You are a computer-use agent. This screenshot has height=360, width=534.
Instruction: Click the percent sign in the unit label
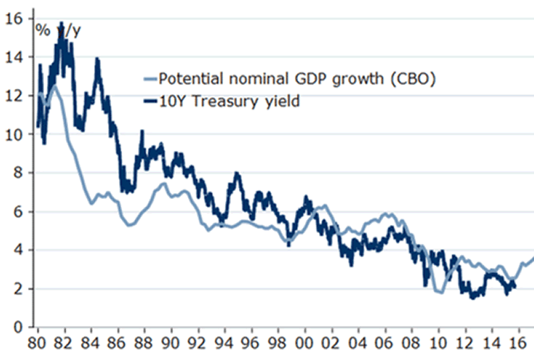coord(43,31)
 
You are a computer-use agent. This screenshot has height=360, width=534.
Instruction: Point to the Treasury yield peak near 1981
coord(61,24)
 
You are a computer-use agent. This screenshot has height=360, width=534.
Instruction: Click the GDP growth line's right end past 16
coord(532,258)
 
